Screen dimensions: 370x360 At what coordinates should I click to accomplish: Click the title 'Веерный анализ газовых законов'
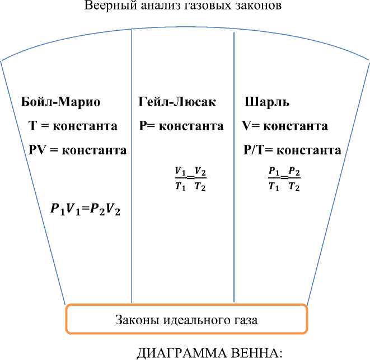click(x=184, y=7)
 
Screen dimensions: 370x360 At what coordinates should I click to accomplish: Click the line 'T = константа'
click(x=73, y=126)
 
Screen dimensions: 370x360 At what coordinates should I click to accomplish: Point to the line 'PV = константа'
click(x=77, y=150)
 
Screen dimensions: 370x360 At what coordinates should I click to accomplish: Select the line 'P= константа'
click(x=181, y=126)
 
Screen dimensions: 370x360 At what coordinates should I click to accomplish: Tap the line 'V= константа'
click(x=285, y=126)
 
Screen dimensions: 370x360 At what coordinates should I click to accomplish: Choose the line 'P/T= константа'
click(x=292, y=150)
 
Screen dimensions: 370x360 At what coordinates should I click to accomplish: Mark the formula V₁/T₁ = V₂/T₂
click(x=186, y=178)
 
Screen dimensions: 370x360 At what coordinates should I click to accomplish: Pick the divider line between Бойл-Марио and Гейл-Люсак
click(x=132, y=168)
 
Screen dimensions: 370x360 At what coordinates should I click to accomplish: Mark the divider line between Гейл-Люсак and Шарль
click(x=233, y=168)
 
